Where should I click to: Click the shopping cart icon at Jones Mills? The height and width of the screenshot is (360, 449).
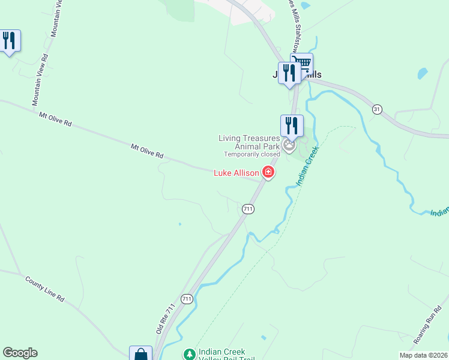point(302,63)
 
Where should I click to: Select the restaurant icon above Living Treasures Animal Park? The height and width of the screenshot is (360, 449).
point(292,125)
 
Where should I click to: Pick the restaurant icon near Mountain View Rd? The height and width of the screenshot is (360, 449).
point(9,41)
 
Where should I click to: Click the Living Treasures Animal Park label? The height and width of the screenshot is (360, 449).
point(249,142)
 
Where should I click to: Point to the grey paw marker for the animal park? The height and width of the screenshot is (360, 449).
point(290,146)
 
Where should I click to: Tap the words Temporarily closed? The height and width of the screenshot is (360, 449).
point(248,154)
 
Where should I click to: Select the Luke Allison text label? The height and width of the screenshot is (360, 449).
point(237,173)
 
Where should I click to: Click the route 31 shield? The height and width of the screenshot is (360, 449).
point(377,109)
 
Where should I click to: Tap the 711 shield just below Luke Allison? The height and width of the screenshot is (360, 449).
point(248,209)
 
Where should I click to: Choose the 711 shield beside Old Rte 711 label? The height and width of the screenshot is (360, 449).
point(187,298)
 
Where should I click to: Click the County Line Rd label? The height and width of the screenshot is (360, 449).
point(44,289)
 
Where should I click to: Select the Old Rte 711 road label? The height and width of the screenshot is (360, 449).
point(165,319)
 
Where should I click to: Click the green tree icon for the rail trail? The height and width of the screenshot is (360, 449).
point(190,354)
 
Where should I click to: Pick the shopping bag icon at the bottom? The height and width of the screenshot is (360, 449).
point(140,354)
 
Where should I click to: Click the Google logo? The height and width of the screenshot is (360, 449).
point(20,353)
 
